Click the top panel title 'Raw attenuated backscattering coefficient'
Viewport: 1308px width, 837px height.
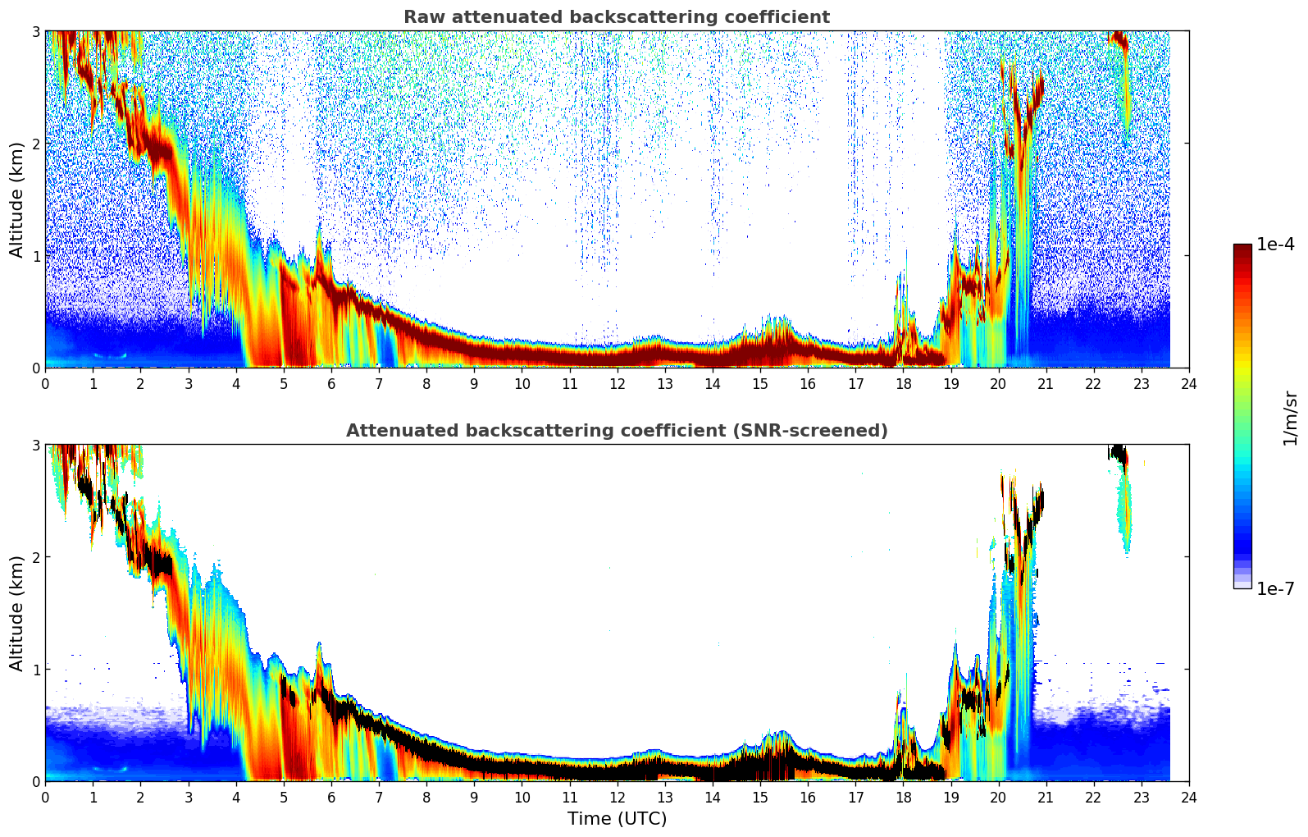tap(617, 17)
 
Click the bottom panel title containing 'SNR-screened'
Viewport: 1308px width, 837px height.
tap(617, 431)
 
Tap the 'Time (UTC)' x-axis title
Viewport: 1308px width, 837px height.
tap(617, 819)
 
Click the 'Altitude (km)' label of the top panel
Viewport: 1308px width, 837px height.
tap(16, 199)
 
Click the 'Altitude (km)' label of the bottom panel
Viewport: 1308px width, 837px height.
tap(16, 613)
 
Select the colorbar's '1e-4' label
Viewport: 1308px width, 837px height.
tap(1275, 245)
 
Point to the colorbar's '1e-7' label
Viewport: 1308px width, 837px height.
tap(1275, 588)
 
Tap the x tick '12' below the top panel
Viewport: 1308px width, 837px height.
tap(617, 384)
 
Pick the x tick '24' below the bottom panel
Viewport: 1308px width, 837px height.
tap(1189, 798)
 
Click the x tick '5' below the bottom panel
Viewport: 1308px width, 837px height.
tap(284, 798)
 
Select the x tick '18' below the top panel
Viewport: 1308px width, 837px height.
tap(903, 384)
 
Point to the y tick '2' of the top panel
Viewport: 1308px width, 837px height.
tap(36, 144)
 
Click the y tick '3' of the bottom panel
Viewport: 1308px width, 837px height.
tap(36, 445)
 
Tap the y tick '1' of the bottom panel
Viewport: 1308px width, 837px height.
tap(36, 670)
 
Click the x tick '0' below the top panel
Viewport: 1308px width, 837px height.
tap(45, 384)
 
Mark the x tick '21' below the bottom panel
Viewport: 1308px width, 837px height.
tap(1046, 798)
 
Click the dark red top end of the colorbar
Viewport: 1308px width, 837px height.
tap(1242, 248)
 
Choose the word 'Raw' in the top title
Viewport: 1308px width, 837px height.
tap(422, 17)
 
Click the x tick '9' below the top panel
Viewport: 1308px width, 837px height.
tap(474, 384)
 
